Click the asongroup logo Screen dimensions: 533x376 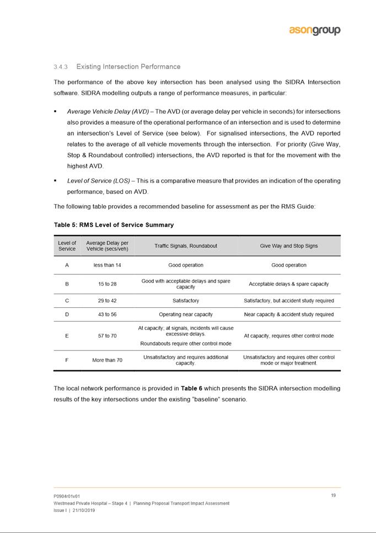[x=315, y=30]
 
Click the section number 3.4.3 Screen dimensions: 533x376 [x=60, y=67]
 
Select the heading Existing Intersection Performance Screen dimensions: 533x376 [x=128, y=67]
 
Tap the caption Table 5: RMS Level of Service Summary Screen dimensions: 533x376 [x=114, y=225]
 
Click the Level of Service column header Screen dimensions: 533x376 [x=67, y=246]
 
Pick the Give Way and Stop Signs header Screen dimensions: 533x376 [x=289, y=246]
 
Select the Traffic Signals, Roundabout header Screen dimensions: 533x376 [x=186, y=246]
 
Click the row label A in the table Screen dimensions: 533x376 [x=67, y=265]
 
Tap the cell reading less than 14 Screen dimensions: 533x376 [x=107, y=265]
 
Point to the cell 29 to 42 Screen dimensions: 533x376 [x=107, y=301]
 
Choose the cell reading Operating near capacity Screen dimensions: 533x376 [x=186, y=315]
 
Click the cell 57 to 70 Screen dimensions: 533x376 [x=107, y=335]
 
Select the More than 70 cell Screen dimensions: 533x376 [x=107, y=360]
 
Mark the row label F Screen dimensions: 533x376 [x=67, y=360]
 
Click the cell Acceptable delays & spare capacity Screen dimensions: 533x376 [x=289, y=284]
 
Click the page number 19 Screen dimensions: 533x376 [x=334, y=495]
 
